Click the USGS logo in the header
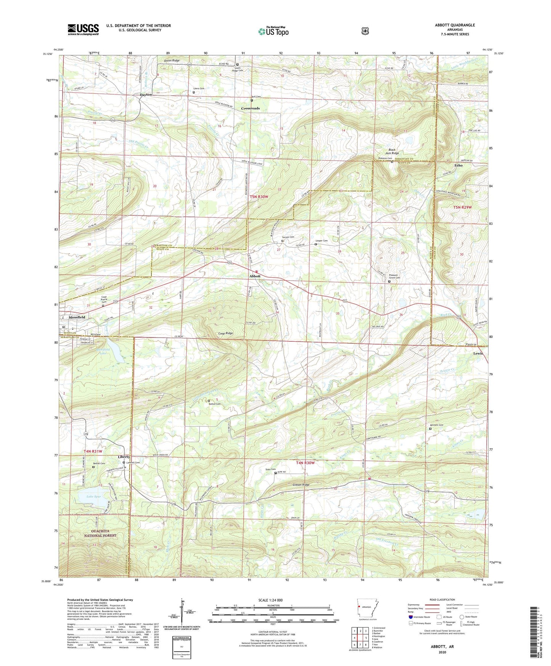[83, 29]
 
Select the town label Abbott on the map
[255, 276]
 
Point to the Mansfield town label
[77, 317]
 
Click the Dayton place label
[146, 95]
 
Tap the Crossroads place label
[250, 108]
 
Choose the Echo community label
[458, 166]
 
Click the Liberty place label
[124, 457]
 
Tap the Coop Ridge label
[225, 333]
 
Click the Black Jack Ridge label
[392, 151]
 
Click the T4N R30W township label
[305, 463]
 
